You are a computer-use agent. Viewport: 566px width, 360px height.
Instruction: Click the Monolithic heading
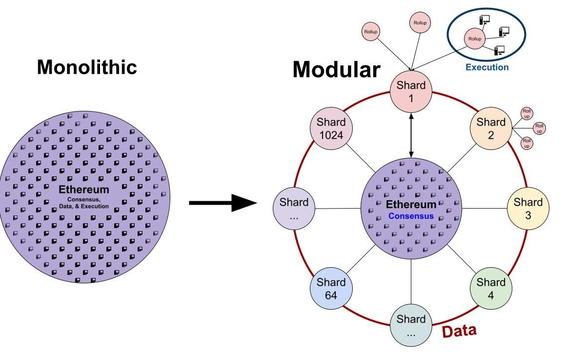(x=87, y=67)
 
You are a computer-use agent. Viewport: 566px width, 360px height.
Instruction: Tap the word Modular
(x=336, y=70)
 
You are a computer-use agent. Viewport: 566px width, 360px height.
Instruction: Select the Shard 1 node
(x=411, y=91)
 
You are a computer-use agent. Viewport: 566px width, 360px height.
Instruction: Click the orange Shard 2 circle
(x=491, y=128)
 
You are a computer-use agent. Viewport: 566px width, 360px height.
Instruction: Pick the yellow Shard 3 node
(x=528, y=208)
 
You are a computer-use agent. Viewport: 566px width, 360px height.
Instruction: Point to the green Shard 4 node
(x=491, y=288)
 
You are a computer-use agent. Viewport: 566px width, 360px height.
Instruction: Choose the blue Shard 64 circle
(x=331, y=288)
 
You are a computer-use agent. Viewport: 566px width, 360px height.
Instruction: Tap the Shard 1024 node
(x=331, y=128)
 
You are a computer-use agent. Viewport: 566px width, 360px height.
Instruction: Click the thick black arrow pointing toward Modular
(x=222, y=203)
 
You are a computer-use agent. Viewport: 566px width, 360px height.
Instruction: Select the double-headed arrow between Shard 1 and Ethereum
(x=411, y=135)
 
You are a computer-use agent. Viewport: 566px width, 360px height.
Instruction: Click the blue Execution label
(x=486, y=67)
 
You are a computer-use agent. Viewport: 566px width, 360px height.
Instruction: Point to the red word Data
(x=459, y=331)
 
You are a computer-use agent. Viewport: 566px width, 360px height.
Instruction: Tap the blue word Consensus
(x=411, y=216)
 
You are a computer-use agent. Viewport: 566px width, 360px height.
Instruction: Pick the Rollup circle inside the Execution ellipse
(x=474, y=39)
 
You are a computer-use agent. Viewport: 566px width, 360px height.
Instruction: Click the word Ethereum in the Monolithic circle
(x=84, y=190)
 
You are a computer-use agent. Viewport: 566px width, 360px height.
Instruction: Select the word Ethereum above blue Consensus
(x=411, y=205)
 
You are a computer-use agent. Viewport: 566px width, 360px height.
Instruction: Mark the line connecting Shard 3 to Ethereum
(x=484, y=208)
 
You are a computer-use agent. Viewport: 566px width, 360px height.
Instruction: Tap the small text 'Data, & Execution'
(x=84, y=206)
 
